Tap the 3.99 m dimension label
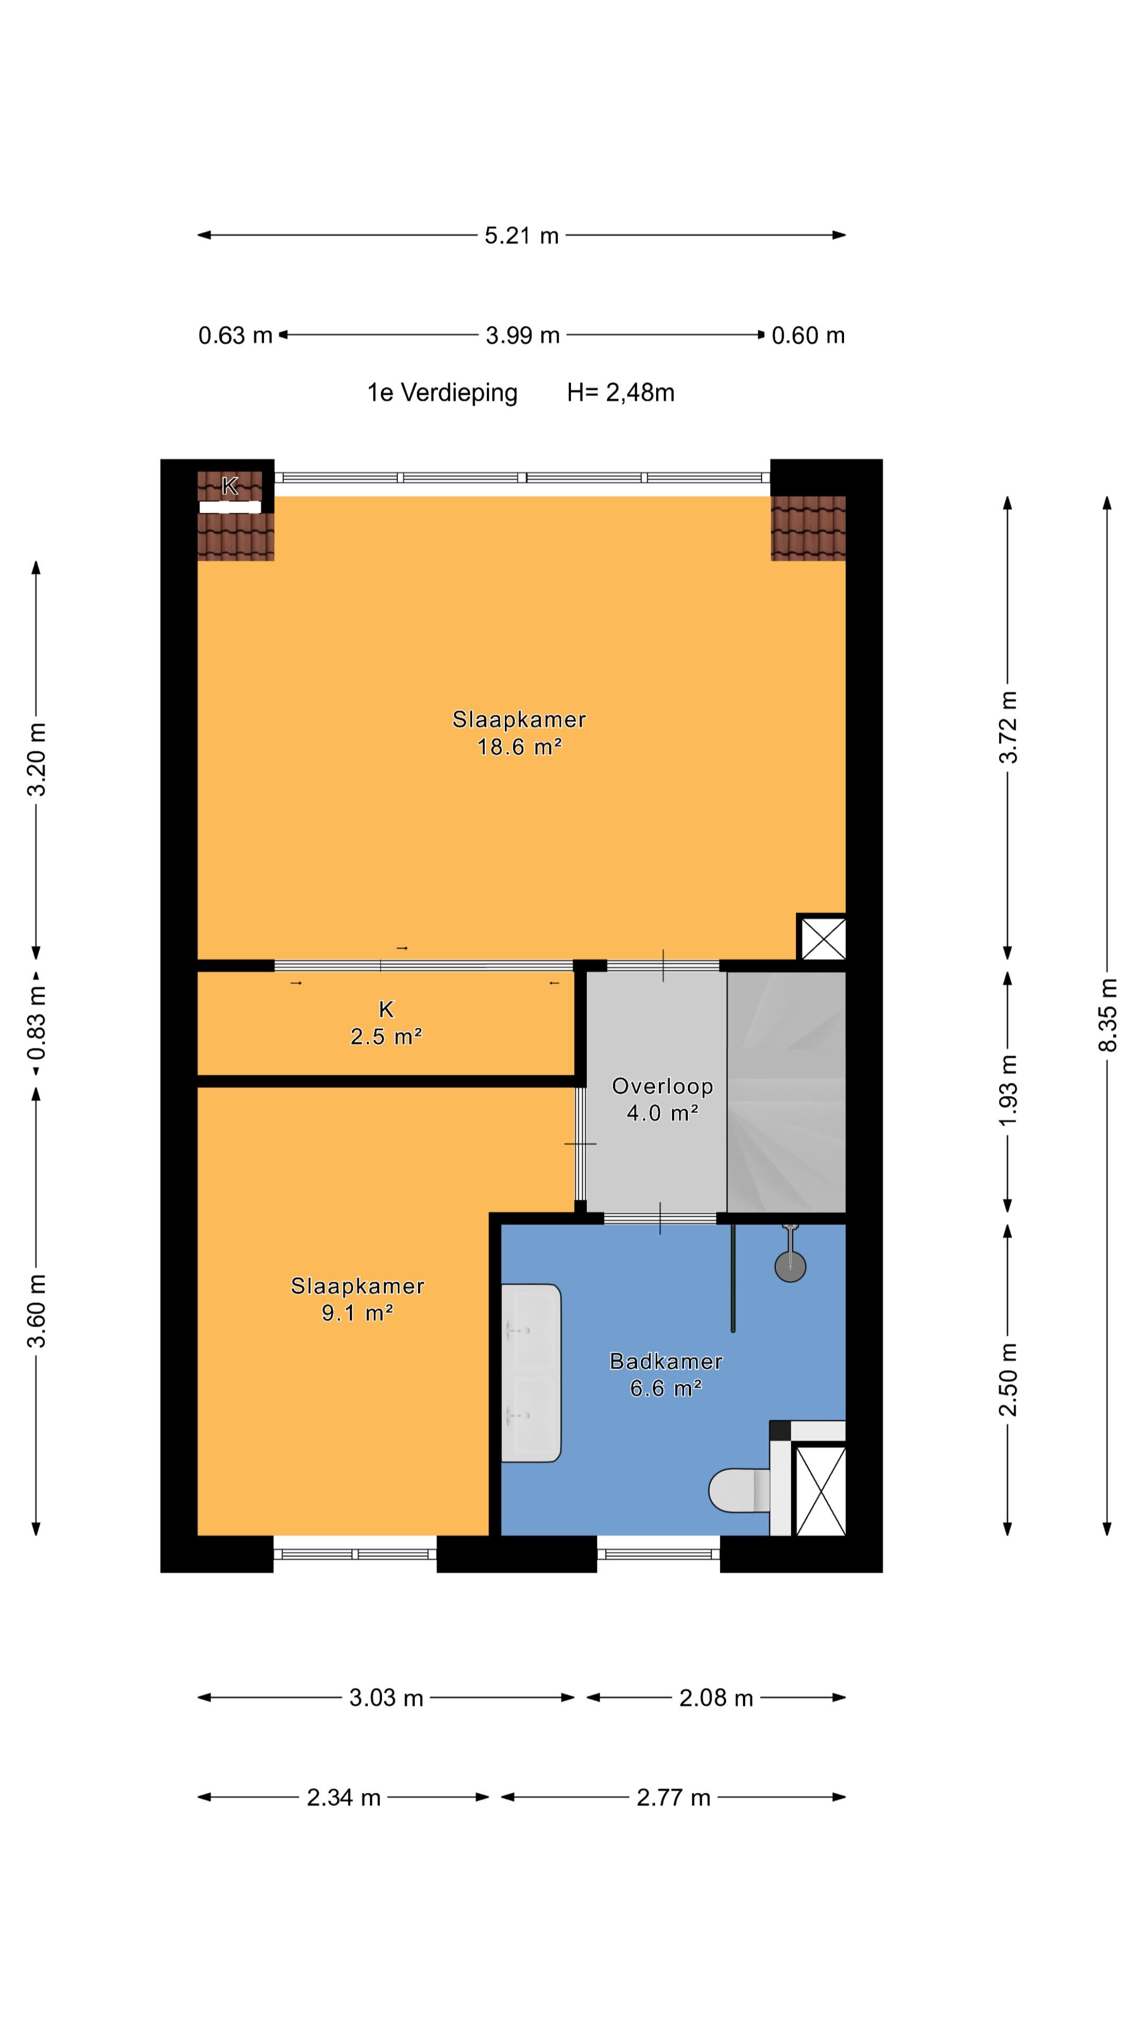(x=522, y=336)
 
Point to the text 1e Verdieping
(x=442, y=393)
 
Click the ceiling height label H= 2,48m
(x=620, y=393)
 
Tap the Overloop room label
(x=663, y=1086)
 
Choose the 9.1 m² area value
(x=357, y=1312)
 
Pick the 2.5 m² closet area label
(x=386, y=1036)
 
